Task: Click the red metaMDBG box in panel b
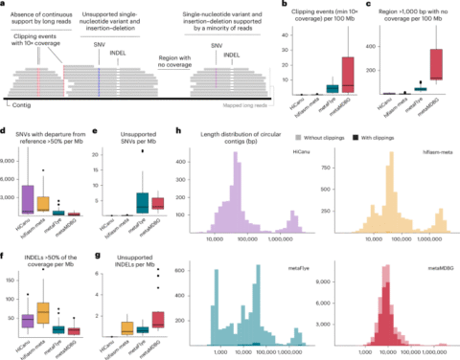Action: [x=348, y=72]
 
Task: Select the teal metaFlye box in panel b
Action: [x=331, y=88]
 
